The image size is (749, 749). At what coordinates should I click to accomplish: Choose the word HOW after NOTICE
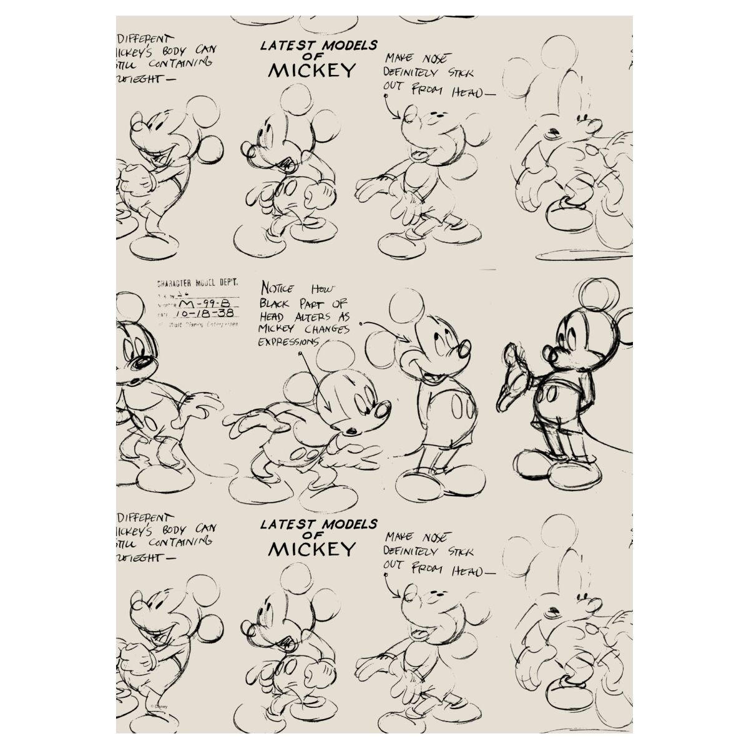coord(323,289)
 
